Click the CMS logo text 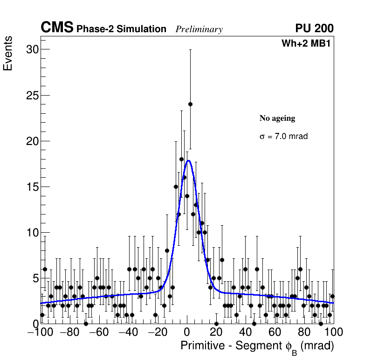click(57, 28)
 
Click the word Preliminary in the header click(199, 30)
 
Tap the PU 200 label click(314, 28)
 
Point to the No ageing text click(277, 118)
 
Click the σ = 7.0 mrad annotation click(283, 137)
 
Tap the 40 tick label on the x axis click(246, 332)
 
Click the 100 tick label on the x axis click(333, 332)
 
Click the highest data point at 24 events click(190, 104)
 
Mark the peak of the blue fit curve click(188, 160)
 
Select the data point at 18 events click(181, 159)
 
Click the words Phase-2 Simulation click(121, 29)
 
